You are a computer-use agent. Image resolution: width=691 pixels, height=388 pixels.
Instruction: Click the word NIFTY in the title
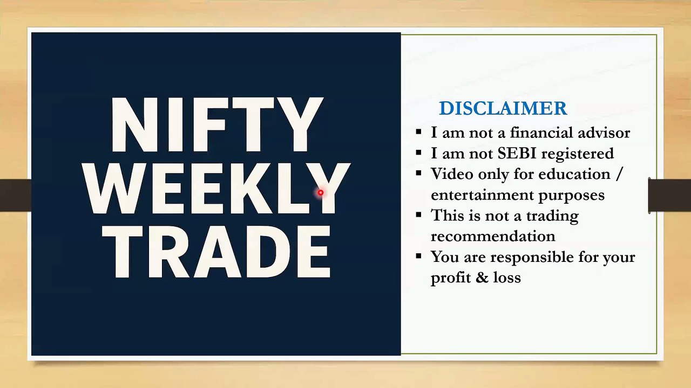(x=216, y=125)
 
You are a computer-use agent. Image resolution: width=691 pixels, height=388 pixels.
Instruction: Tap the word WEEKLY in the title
(x=216, y=189)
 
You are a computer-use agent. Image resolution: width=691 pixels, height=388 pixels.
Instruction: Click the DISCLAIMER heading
(x=503, y=108)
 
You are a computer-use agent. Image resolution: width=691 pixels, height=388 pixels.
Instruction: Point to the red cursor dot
(x=320, y=192)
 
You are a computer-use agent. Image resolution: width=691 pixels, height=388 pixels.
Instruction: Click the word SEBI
(x=517, y=154)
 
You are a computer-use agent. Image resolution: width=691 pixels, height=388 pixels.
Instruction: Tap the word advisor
(x=604, y=133)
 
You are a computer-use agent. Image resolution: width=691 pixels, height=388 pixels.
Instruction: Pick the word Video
(x=450, y=174)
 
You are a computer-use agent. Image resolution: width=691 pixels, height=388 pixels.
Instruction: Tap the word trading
(x=552, y=216)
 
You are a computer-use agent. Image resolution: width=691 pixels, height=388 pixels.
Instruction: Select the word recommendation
(x=492, y=237)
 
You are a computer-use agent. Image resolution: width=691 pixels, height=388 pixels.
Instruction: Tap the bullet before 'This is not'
(x=419, y=215)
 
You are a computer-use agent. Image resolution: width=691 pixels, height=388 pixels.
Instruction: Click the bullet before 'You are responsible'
(x=419, y=256)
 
